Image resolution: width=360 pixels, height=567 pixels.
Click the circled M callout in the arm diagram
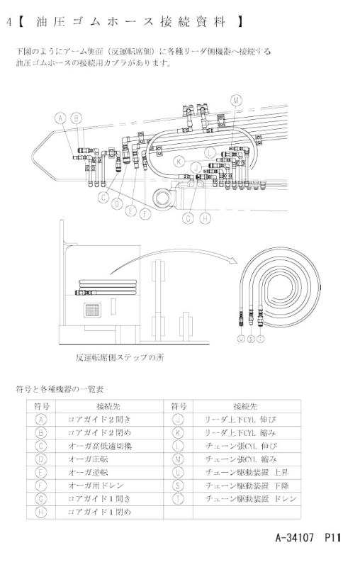236,100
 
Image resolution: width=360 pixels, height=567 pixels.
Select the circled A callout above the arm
61,118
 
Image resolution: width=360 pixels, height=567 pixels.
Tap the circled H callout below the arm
205,218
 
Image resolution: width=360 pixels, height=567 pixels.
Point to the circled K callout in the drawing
179,162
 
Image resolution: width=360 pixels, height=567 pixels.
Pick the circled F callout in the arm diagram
145,214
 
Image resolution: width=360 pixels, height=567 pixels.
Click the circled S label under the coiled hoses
251,339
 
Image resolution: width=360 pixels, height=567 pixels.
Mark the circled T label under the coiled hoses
261,339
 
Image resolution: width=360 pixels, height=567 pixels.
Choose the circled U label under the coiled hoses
241,339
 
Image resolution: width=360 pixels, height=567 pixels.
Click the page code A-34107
294,538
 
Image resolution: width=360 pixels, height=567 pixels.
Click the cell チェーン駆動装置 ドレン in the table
250,499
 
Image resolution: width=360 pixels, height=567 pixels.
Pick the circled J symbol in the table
178,420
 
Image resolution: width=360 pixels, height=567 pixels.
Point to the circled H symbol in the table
41,512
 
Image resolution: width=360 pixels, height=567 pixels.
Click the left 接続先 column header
108,406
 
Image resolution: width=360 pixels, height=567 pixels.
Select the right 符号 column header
179,406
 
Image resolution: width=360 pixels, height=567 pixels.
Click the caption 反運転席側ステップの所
120,358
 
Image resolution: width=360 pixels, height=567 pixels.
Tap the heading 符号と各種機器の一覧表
60,389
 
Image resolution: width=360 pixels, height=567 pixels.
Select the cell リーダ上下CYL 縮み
240,433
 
